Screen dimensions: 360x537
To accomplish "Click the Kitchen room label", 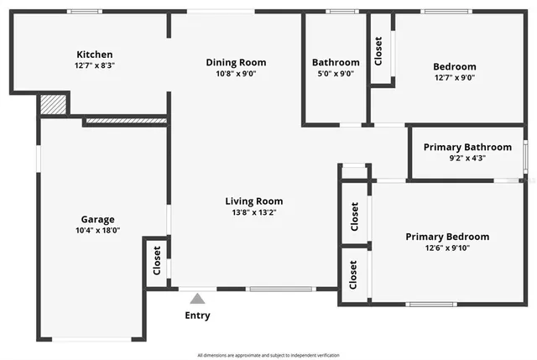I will [94, 55].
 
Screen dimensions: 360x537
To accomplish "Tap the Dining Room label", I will [236, 62].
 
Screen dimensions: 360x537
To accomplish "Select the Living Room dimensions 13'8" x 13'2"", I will [253, 212].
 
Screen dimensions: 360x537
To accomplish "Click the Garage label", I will [98, 219].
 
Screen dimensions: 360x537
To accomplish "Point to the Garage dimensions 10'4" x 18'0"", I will [98, 230].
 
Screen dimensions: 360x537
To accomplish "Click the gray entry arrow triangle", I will [197, 297].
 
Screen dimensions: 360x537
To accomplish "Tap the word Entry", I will [197, 316].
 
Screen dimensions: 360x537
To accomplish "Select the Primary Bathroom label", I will [467, 147].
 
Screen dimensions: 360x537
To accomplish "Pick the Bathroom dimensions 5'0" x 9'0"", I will [336, 73].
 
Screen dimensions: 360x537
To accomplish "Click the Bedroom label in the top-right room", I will [454, 67].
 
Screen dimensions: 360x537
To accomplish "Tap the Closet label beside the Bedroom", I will [378, 51].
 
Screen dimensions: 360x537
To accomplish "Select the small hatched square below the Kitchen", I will [53, 105].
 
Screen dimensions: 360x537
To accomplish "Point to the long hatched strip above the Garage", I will [125, 123].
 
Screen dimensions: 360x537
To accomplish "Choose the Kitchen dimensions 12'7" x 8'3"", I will [94, 65].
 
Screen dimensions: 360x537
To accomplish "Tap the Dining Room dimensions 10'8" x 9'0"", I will [236, 73].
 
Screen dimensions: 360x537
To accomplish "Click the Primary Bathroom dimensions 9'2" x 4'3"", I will [467, 158].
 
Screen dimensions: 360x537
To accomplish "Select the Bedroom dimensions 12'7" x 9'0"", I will [454, 78].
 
